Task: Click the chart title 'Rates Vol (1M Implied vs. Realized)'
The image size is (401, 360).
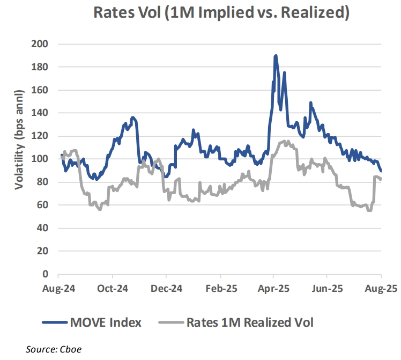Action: click(x=221, y=12)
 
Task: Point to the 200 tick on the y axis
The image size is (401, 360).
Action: click(x=42, y=44)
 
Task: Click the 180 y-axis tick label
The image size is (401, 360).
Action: click(x=42, y=67)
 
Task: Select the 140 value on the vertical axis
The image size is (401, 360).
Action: click(x=42, y=113)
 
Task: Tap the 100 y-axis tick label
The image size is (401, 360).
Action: click(x=42, y=159)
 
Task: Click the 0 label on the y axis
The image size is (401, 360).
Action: click(x=46, y=274)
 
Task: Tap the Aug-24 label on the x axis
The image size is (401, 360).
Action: click(x=60, y=288)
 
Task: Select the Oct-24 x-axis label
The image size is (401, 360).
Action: click(x=113, y=288)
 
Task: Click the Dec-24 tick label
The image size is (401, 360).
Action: click(x=167, y=288)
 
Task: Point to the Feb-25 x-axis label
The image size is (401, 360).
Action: click(x=220, y=288)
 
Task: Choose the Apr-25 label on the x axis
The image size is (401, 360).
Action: click(x=274, y=288)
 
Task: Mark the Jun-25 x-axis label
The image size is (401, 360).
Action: click(x=328, y=288)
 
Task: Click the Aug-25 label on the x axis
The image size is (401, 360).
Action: click(x=381, y=288)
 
